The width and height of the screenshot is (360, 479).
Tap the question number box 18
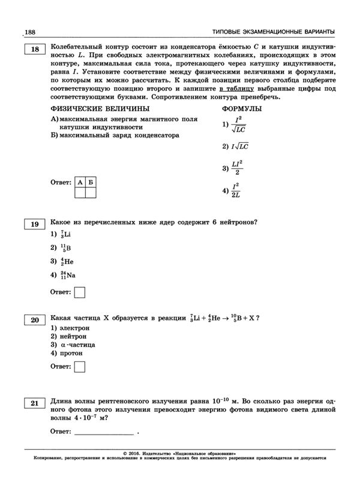(x=34, y=50)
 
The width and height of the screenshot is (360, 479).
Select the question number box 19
(x=34, y=224)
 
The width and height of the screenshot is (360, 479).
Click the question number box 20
(x=34, y=320)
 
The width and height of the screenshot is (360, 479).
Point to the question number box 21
(x=34, y=402)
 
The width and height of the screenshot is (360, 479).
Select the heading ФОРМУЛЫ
(x=241, y=109)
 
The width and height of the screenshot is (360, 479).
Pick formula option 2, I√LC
(x=235, y=146)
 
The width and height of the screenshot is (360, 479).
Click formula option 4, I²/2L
(x=235, y=190)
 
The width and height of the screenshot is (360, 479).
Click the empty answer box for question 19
(x=79, y=292)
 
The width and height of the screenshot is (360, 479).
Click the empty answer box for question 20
(x=79, y=366)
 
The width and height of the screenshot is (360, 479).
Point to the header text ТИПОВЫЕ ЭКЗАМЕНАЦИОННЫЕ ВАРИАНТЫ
(x=274, y=31)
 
